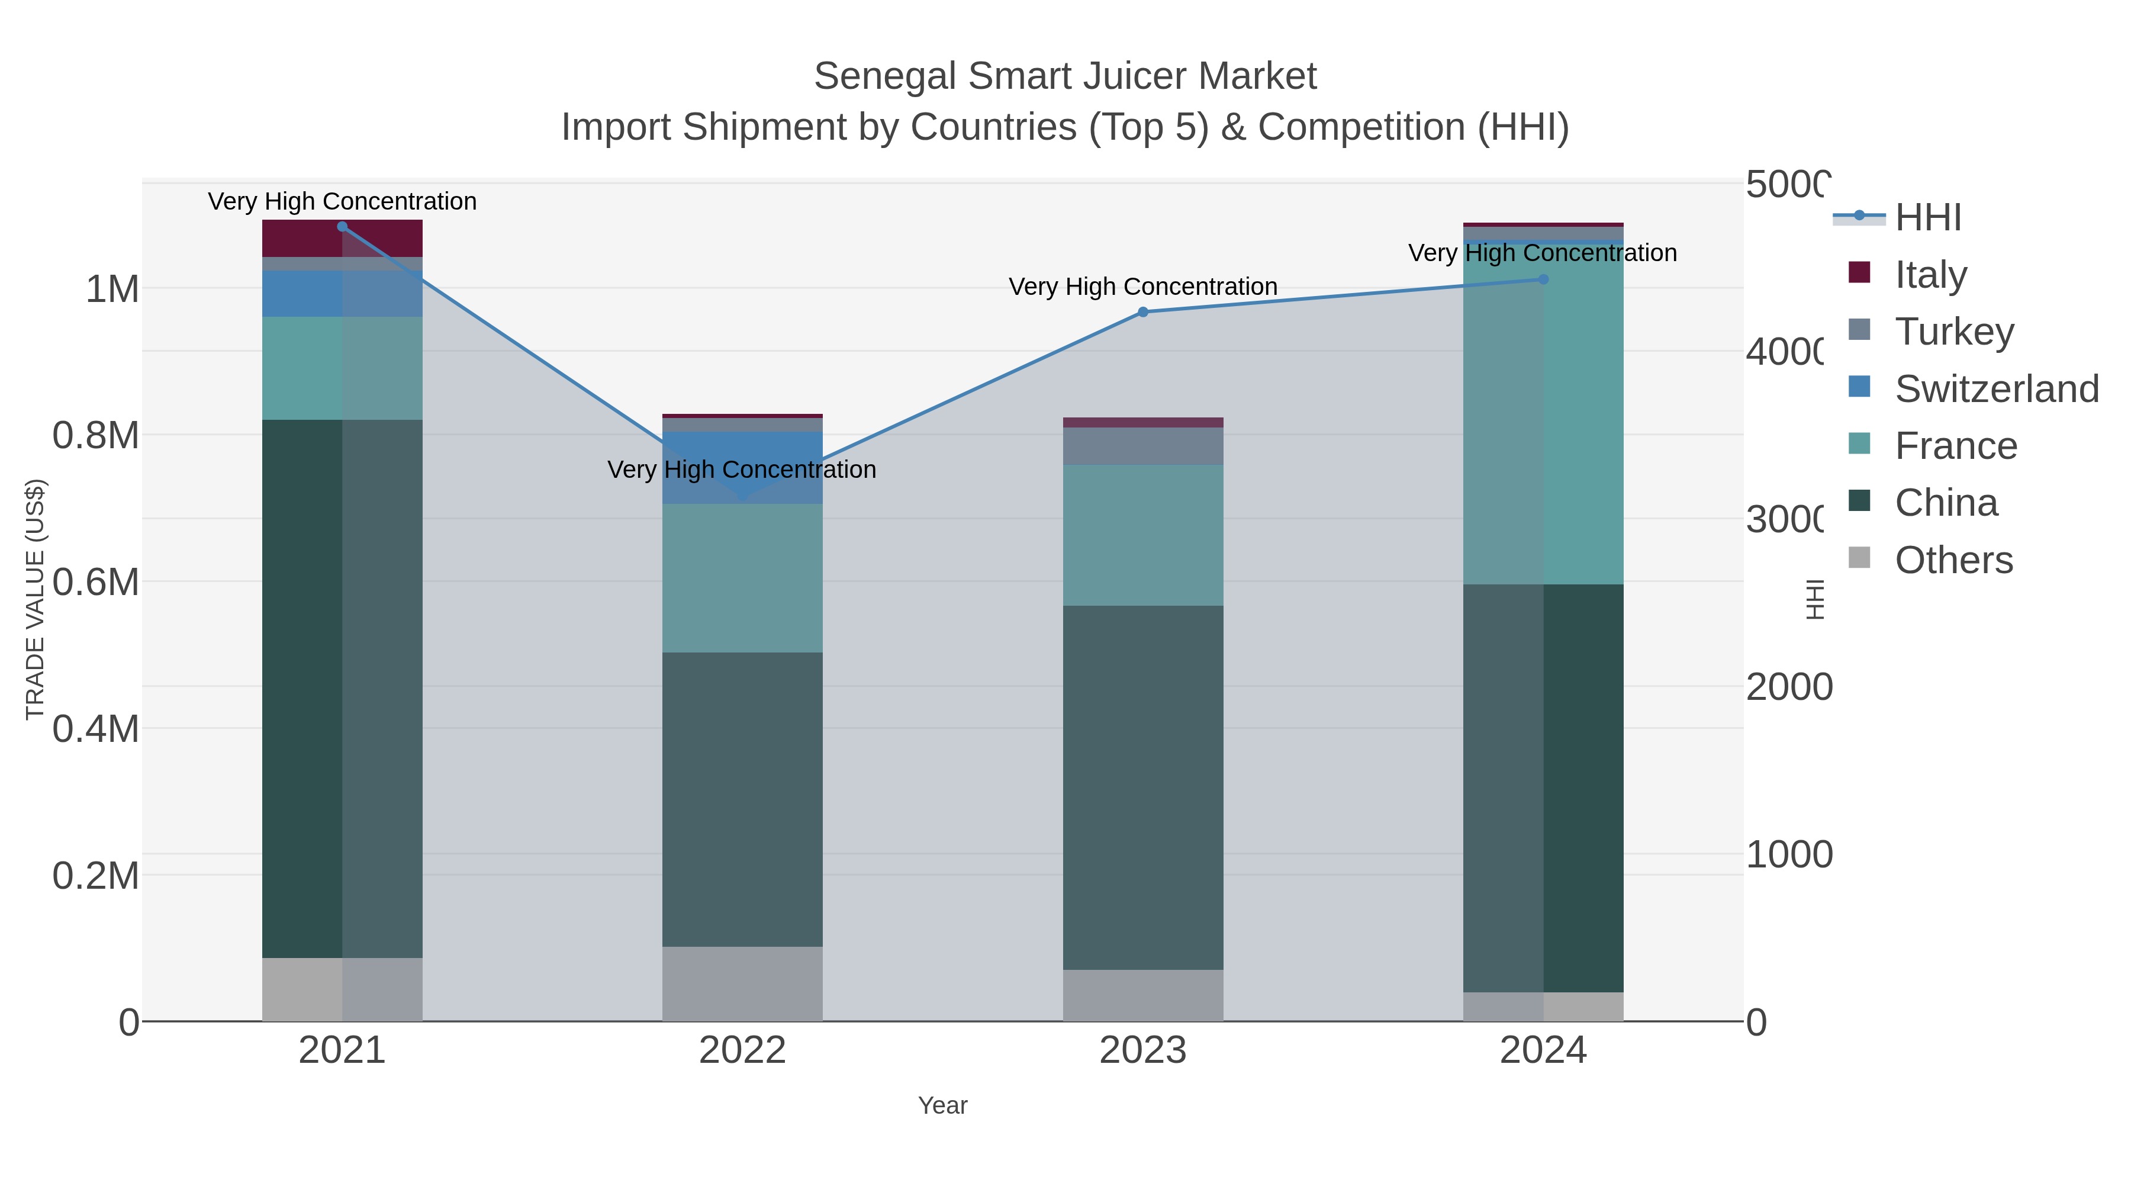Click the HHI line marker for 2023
tap(1142, 312)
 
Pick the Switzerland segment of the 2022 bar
tap(742, 468)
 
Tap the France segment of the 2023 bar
tap(1142, 535)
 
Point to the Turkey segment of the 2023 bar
tap(1142, 446)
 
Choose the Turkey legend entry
tap(1954, 332)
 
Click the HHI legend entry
tap(1927, 218)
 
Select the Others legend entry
tap(1953, 560)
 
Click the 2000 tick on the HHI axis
tap(1788, 687)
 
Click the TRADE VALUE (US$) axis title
tap(35, 599)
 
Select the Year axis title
tap(942, 1105)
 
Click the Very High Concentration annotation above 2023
tap(1142, 287)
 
